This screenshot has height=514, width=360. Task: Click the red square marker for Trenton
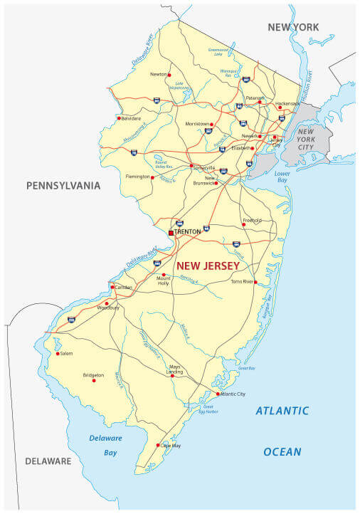(171, 232)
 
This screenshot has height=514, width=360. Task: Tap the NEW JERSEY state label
(208, 266)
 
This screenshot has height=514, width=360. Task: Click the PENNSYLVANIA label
(63, 186)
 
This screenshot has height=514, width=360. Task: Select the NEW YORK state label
(293, 27)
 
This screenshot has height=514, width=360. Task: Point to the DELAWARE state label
(48, 461)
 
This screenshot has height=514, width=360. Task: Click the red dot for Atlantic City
(218, 394)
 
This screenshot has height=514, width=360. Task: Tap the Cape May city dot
(158, 446)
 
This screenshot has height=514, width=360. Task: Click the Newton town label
(158, 74)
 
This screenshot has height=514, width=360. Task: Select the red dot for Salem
(58, 352)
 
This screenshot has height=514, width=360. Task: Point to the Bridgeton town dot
(93, 380)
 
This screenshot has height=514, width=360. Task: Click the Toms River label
(242, 281)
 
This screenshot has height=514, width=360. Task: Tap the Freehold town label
(252, 220)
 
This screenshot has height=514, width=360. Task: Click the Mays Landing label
(174, 369)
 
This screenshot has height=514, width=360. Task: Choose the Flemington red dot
(152, 177)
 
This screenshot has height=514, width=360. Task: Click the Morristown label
(197, 123)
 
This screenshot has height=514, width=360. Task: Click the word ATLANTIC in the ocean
(282, 411)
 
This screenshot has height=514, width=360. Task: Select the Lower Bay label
(282, 177)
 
